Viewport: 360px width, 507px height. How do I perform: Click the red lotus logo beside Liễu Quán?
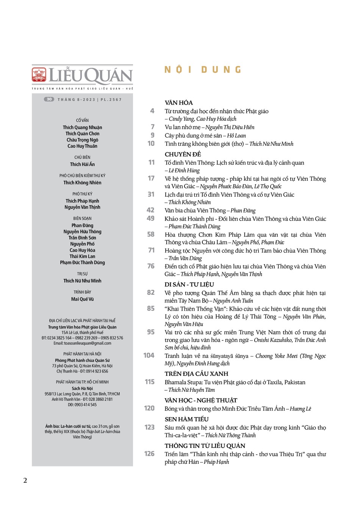point(39,75)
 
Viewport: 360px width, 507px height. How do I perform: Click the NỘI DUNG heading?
point(203,70)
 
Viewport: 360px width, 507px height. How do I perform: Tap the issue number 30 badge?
point(49,99)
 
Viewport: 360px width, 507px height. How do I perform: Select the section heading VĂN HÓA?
point(179,103)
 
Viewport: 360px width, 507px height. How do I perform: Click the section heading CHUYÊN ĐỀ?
point(183,154)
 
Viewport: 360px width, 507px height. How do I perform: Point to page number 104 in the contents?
point(149,355)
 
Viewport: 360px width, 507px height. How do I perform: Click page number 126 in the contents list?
point(149,454)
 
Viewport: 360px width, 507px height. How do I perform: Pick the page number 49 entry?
point(150,218)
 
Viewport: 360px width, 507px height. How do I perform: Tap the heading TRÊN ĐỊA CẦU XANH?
point(196,374)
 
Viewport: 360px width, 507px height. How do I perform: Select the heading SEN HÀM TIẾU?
point(187,419)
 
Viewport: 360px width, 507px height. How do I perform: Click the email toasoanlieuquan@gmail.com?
point(82,343)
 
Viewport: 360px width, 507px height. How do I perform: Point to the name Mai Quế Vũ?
point(82,299)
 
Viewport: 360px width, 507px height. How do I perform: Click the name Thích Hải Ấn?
point(82,164)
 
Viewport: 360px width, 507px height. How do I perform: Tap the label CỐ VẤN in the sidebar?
point(82,120)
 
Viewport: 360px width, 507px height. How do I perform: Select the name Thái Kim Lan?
point(82,256)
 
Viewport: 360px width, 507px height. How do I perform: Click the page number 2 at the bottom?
point(25,480)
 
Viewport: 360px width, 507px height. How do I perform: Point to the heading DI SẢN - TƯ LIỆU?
point(189,285)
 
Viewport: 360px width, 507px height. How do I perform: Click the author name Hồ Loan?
point(236,136)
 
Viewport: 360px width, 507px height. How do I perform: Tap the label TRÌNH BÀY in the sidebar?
point(82,292)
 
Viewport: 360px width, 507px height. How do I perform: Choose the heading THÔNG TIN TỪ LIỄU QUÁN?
point(205,446)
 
